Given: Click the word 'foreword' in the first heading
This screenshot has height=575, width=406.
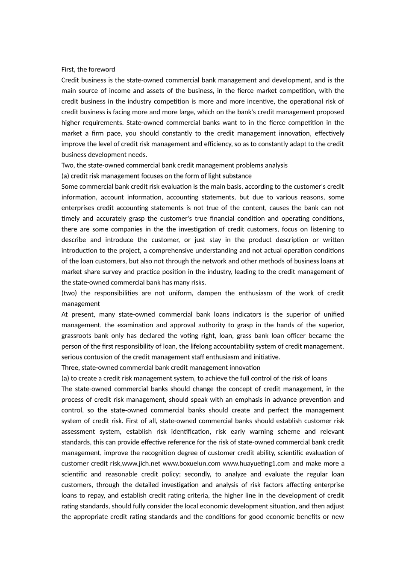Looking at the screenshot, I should [102, 69].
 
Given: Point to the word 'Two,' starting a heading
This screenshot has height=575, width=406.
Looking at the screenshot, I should [68, 165].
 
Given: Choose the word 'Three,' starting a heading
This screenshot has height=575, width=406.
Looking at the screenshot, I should [71, 368].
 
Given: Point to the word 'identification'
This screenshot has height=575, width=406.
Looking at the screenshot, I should [187, 432].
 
